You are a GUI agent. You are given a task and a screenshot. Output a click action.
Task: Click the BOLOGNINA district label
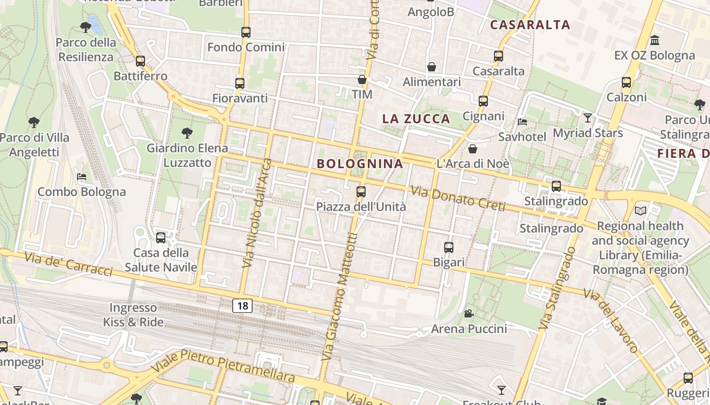(x=360, y=164)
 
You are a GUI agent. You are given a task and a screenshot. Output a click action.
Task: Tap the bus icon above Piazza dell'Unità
(x=361, y=192)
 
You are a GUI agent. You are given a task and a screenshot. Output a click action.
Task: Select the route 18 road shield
(x=242, y=305)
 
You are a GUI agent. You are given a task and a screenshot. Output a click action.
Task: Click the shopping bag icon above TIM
(x=362, y=79)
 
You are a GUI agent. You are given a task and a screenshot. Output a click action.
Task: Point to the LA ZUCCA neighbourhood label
(x=416, y=119)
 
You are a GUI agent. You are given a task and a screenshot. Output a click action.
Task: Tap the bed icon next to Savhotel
(x=522, y=121)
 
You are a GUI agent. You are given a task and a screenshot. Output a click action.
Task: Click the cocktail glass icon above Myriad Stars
(x=588, y=118)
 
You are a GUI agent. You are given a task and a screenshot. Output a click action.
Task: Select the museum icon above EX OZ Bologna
(x=655, y=40)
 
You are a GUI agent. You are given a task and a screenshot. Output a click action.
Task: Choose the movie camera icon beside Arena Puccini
(x=469, y=313)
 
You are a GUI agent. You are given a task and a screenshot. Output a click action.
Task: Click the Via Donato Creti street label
(x=458, y=198)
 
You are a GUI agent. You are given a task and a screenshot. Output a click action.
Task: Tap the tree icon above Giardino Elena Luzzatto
(x=187, y=133)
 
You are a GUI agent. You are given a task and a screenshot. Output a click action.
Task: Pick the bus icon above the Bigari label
(x=449, y=248)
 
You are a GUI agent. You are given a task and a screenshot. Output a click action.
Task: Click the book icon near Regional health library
(x=641, y=211)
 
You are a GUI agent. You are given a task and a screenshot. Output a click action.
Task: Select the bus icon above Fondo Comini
(x=246, y=32)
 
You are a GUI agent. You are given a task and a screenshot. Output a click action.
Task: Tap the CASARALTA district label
(x=530, y=25)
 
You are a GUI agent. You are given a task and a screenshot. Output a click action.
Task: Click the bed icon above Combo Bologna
(x=82, y=177)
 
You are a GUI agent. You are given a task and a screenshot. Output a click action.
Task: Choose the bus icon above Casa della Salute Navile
(x=161, y=237)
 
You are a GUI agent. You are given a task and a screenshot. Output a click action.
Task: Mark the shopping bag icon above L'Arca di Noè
(x=473, y=149)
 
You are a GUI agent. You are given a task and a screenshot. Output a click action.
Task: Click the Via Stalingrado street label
(x=558, y=289)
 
